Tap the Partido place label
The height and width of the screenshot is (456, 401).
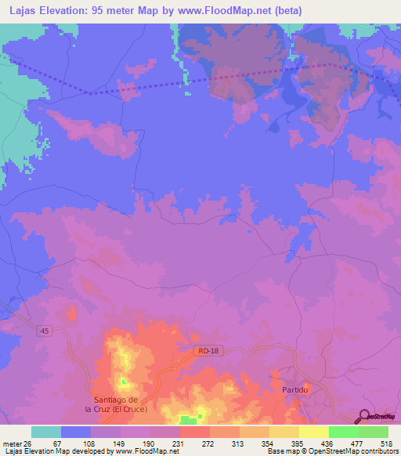click(x=297, y=389)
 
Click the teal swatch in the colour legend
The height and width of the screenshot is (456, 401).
click(x=46, y=432)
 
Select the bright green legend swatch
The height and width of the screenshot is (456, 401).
click(x=344, y=432)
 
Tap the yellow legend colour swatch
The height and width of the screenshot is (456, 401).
click(x=314, y=432)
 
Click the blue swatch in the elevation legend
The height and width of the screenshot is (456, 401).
click(x=76, y=432)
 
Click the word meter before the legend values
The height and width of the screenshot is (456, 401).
click(x=10, y=443)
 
